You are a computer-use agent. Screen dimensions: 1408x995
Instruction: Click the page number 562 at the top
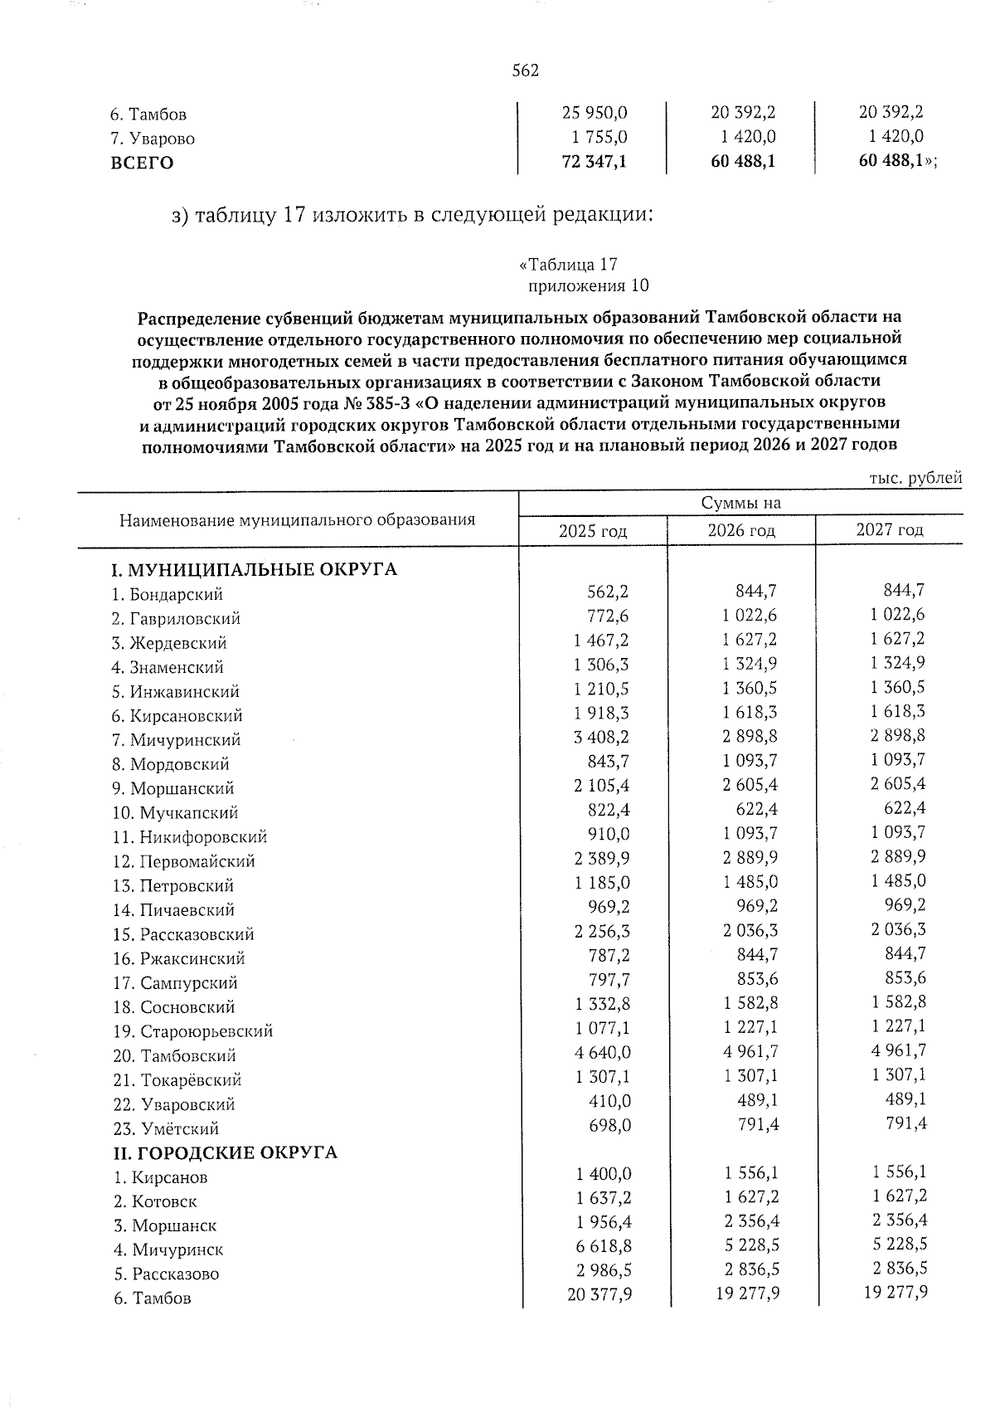pos(526,71)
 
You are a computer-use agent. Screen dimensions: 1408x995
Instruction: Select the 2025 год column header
pos(592,531)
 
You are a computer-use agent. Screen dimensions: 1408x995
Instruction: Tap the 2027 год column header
pos(889,530)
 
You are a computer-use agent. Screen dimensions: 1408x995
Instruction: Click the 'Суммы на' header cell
pos(740,503)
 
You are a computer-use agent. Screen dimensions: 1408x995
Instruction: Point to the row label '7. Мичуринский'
pos(177,740)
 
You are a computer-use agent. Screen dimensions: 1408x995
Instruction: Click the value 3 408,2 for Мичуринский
pos(601,736)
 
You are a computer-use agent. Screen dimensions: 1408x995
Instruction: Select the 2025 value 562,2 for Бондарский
pos(608,591)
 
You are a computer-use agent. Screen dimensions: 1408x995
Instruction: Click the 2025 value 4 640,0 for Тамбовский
pos(601,1052)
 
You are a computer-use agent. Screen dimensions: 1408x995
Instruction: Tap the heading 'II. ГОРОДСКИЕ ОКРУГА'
pos(225,1153)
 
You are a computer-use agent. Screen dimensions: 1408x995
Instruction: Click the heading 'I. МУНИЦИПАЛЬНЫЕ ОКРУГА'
pos(255,570)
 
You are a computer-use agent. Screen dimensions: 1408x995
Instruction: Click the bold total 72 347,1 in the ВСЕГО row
pos(594,163)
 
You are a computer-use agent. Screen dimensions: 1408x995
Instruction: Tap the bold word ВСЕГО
pos(142,163)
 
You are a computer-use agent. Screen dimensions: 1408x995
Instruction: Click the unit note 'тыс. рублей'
pos(915,478)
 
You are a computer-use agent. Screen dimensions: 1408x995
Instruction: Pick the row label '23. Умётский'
pos(166,1129)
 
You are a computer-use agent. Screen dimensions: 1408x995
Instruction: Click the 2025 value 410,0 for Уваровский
pos(609,1101)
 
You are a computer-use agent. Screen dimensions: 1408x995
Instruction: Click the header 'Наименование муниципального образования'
pos(297,520)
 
